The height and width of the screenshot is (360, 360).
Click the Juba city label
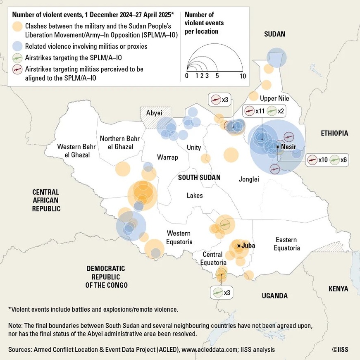[248, 246]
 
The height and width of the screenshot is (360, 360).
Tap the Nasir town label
[288, 147]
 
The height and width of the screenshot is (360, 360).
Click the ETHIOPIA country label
[334, 133]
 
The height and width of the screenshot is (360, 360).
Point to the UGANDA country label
[274, 296]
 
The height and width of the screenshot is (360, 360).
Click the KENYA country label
[338, 289]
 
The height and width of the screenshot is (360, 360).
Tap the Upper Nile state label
[274, 98]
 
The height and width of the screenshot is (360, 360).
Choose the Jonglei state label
[248, 179]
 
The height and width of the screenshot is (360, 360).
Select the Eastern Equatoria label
[286, 244]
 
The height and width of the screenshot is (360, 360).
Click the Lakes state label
[195, 195]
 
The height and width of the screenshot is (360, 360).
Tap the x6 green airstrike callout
[339, 160]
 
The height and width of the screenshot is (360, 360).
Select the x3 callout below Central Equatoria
[222, 293]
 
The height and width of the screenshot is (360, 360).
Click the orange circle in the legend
[17, 27]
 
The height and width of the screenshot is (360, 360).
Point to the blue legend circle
[17, 46]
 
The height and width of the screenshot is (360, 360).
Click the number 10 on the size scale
[243, 76]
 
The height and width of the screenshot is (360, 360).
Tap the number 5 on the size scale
[217, 76]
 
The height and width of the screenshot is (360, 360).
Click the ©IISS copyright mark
[340, 350]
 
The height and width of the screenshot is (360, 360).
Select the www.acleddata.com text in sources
[206, 350]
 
